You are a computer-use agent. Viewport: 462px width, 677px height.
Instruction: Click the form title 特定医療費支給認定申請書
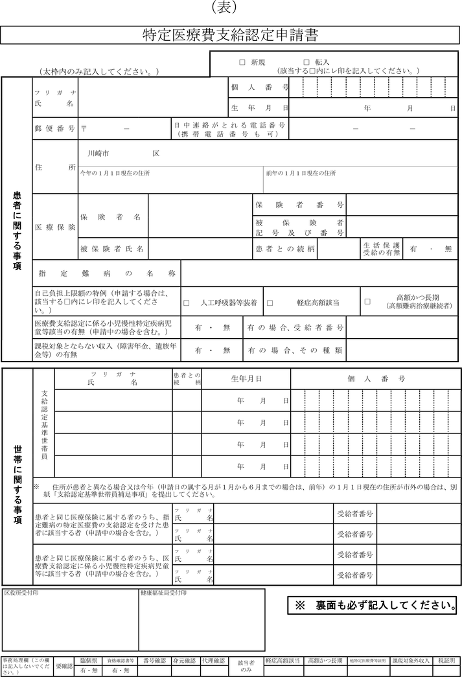point(231,35)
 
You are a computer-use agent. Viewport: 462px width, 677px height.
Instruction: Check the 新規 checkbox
point(242,62)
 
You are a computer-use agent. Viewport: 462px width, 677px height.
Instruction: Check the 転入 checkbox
point(306,62)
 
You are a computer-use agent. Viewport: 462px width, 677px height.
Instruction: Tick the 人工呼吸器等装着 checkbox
point(187,303)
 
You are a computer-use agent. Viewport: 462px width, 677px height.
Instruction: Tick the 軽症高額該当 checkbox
point(270,303)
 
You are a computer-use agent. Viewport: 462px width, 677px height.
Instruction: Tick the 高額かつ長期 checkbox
point(367,301)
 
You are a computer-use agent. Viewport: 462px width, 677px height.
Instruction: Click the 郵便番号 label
point(55,128)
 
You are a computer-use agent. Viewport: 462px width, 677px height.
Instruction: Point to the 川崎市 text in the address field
point(98,154)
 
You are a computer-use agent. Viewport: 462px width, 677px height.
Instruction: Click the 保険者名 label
point(110,217)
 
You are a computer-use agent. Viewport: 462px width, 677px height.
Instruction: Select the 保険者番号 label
point(299,205)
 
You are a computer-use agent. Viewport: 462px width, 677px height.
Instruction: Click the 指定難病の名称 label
point(107,273)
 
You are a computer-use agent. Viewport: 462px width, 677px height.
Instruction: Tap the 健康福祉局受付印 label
point(163,593)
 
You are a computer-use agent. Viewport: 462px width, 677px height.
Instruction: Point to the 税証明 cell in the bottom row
point(446,661)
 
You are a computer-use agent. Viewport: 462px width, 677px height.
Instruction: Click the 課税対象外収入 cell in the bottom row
point(411,661)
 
